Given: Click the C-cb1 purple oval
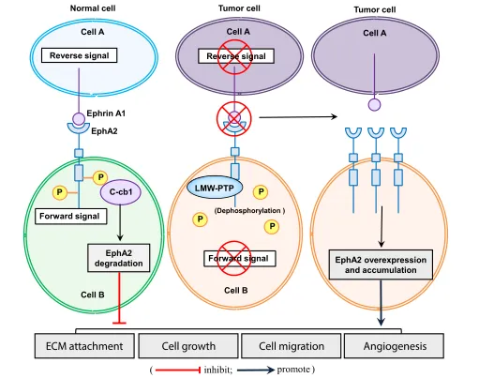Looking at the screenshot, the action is (x=120, y=192).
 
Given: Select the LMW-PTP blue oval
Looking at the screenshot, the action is (x=215, y=189).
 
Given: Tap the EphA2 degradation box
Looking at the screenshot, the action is (x=118, y=258).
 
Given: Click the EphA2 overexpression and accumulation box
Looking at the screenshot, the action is (x=381, y=265).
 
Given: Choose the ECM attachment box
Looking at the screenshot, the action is (x=84, y=346).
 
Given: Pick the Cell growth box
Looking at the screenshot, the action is (x=188, y=346).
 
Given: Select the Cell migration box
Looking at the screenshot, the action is (x=292, y=346).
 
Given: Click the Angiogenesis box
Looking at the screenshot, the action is (x=394, y=346).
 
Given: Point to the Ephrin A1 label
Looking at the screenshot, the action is (x=106, y=113).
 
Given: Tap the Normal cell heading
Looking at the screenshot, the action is (x=93, y=8).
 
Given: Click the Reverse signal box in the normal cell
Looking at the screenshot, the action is (x=79, y=55).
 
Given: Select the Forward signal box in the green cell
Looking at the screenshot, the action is (x=70, y=217).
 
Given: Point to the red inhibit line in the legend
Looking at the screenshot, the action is (x=178, y=370).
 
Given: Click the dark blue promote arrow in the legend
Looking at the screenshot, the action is (x=256, y=370).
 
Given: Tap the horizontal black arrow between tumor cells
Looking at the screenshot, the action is (x=298, y=117).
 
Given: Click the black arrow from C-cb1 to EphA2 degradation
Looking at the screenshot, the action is (x=120, y=223).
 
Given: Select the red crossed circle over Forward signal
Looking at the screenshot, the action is (x=234, y=258).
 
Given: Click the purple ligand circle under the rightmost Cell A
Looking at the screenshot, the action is (x=374, y=105).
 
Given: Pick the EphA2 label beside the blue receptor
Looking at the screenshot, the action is (x=104, y=131).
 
